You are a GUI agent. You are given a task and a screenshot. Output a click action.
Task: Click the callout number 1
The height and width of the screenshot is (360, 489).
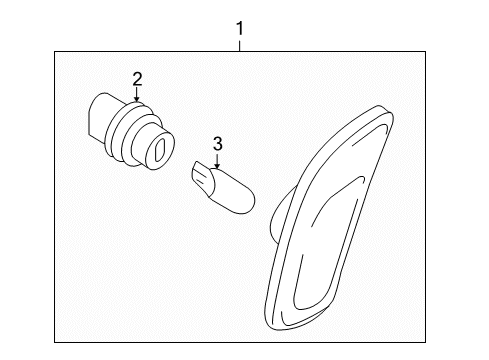240,28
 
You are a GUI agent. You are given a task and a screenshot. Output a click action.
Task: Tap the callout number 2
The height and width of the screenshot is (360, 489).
137,79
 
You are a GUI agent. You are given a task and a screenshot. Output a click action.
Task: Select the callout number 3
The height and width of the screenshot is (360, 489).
217,144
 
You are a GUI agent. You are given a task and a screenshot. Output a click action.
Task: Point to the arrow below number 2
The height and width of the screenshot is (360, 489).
136,94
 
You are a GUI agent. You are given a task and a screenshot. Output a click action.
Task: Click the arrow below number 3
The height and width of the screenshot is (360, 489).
217,160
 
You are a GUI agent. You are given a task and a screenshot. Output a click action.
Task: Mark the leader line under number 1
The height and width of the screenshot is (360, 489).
239,46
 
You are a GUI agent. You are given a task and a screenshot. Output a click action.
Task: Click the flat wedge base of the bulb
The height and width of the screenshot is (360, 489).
202,179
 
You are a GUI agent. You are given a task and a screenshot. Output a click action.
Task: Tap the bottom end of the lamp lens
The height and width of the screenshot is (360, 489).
277,328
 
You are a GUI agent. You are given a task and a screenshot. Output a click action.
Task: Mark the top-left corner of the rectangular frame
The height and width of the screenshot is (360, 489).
55,52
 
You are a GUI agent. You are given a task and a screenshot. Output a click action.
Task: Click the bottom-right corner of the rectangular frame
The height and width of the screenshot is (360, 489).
425,342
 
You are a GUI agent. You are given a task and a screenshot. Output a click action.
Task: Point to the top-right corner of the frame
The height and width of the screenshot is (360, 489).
425,52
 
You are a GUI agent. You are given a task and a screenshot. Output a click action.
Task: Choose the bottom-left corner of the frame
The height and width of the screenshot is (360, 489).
55,342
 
